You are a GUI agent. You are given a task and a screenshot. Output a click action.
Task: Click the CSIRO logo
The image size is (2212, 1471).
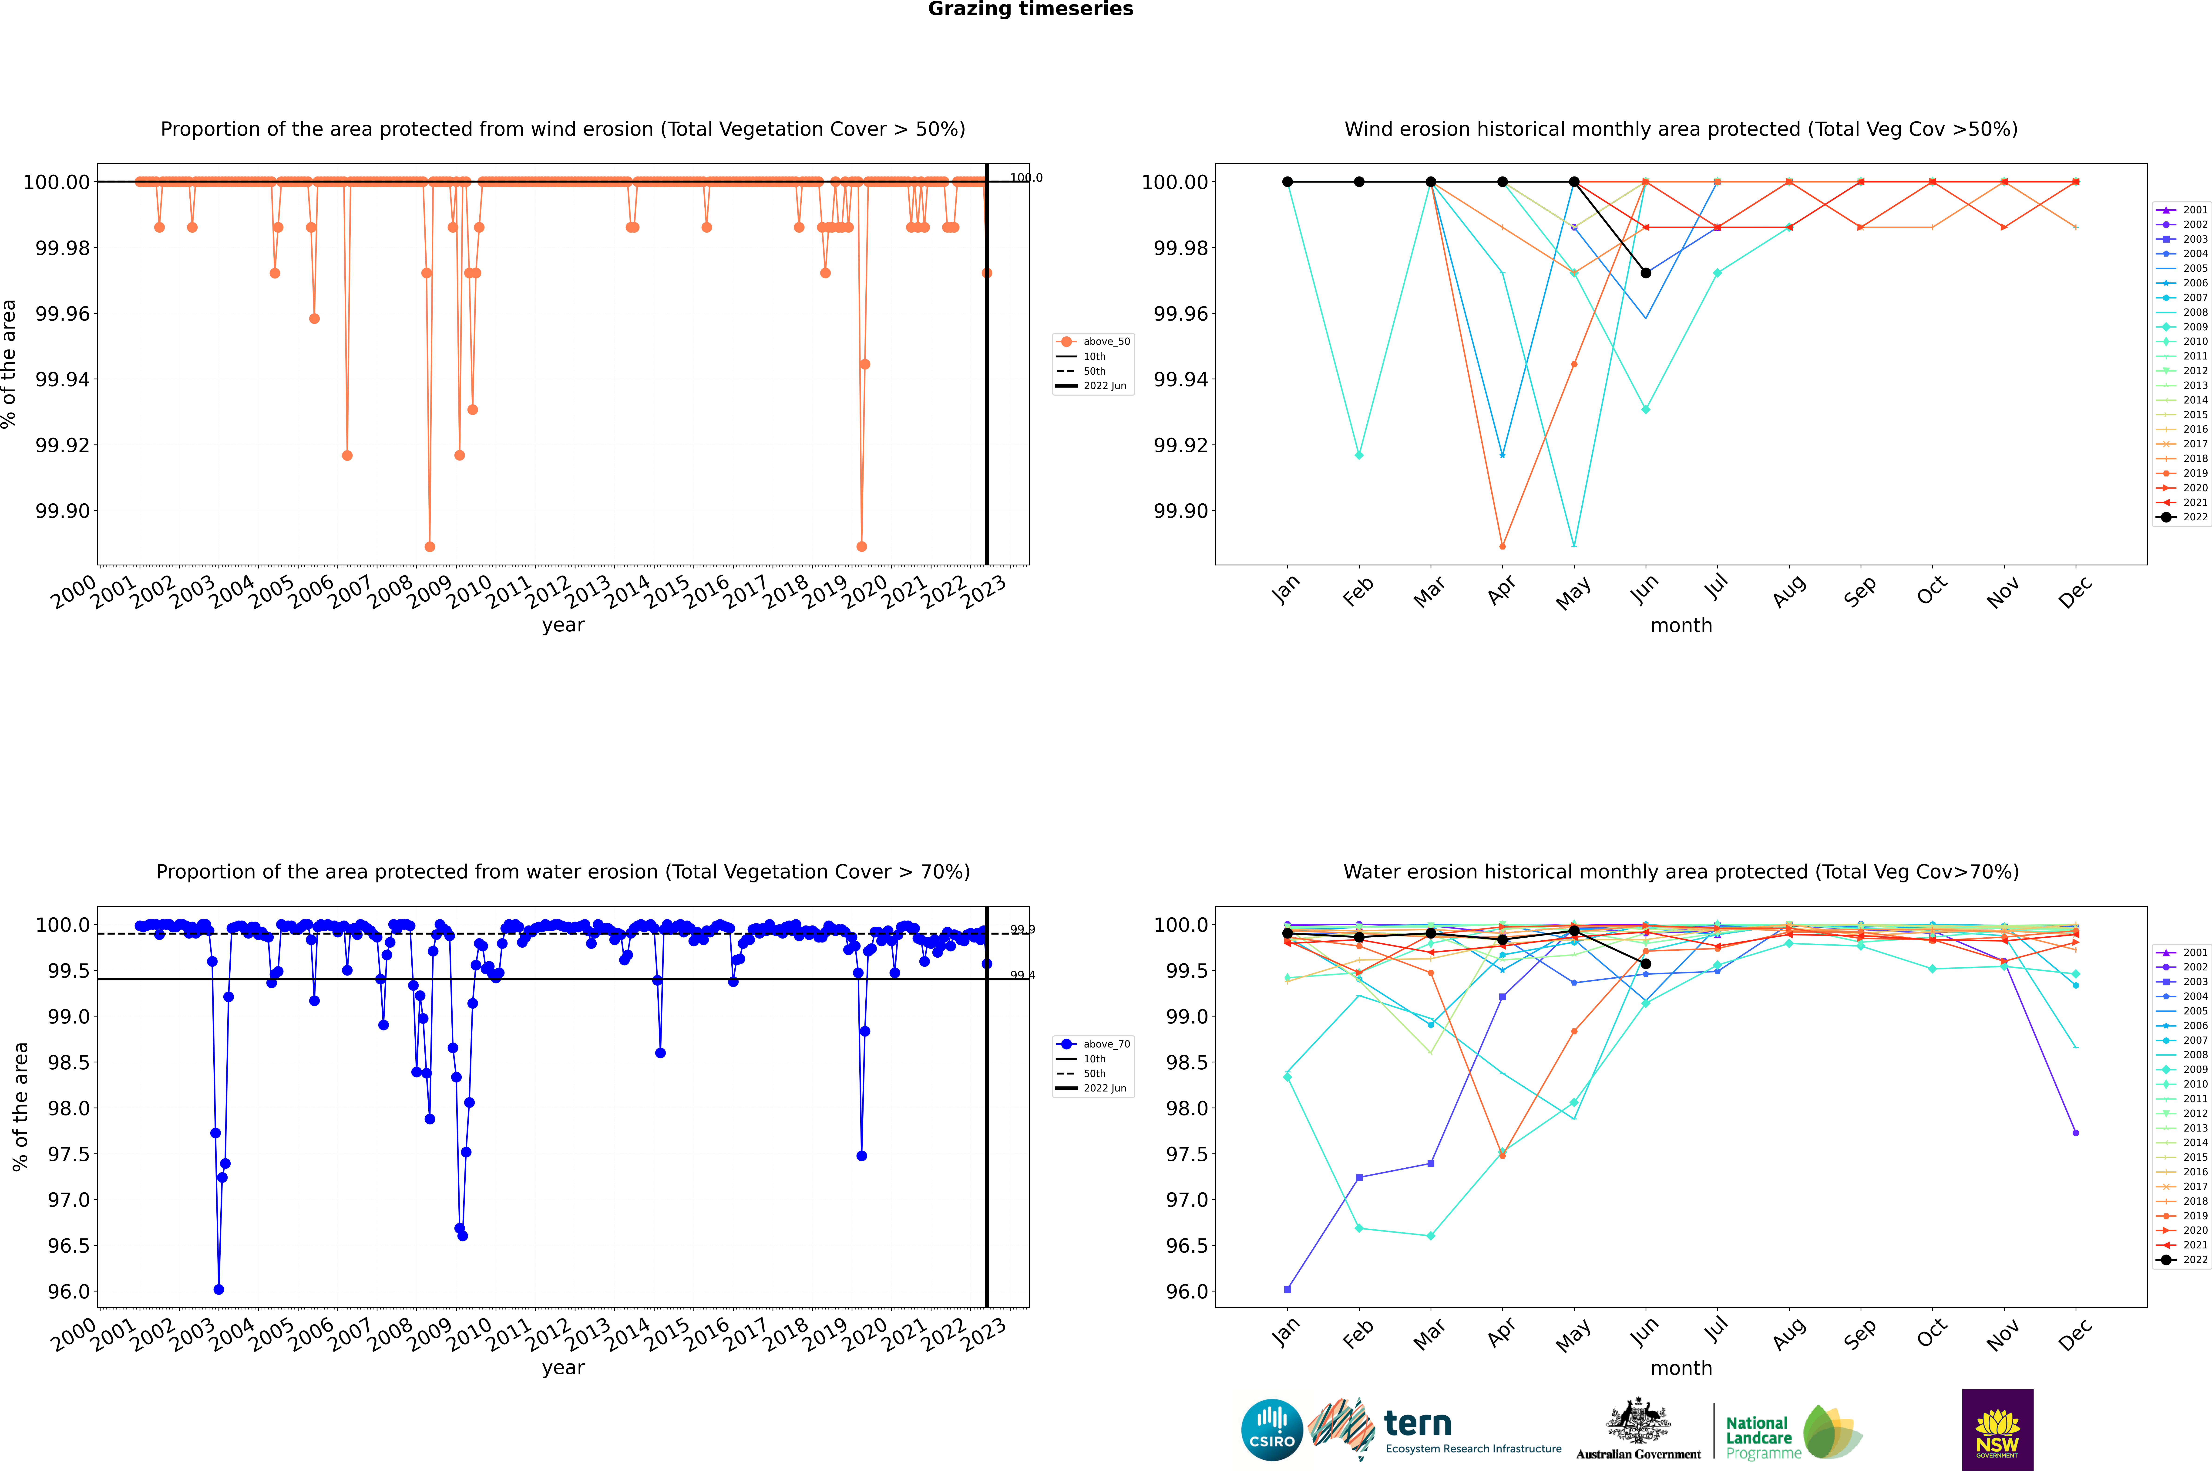coord(1271,1430)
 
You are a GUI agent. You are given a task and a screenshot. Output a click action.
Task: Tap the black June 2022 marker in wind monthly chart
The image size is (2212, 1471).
coord(1646,273)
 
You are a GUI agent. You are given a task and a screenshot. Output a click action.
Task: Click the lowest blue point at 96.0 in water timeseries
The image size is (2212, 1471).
coord(219,1289)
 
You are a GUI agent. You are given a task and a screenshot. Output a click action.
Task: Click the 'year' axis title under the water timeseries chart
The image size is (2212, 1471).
coord(563,1368)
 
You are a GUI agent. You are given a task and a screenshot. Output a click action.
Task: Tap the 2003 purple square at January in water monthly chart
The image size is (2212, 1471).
coord(1288,1289)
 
